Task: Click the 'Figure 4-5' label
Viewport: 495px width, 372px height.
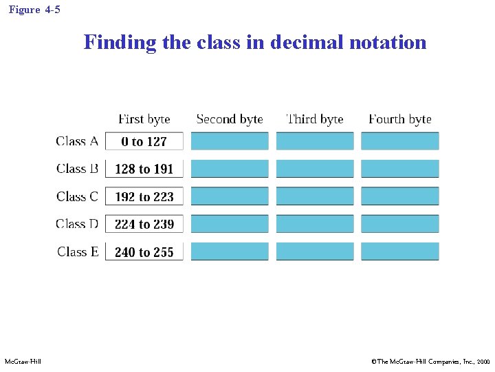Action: pyautogui.click(x=34, y=10)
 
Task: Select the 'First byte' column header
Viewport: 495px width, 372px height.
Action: pyautogui.click(x=144, y=119)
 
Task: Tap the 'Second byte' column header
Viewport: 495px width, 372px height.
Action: pyautogui.click(x=230, y=119)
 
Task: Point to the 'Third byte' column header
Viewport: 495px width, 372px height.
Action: pyautogui.click(x=314, y=119)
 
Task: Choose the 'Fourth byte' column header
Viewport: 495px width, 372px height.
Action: pyautogui.click(x=399, y=119)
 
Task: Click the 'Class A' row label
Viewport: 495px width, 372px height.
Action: pyautogui.click(x=77, y=141)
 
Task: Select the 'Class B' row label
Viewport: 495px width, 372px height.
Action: pyautogui.click(x=77, y=169)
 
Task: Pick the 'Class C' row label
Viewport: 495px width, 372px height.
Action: pyautogui.click(x=77, y=196)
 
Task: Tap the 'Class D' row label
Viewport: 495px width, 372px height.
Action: pyautogui.click(x=77, y=224)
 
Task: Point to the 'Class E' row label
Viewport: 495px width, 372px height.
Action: pyautogui.click(x=78, y=251)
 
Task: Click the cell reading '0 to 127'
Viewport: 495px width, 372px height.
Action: pyautogui.click(x=144, y=141)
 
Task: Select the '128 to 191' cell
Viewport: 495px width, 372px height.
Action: pyautogui.click(x=144, y=169)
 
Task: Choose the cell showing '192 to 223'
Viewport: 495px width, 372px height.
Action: pyautogui.click(x=144, y=196)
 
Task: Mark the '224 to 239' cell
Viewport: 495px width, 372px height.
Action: pyautogui.click(x=144, y=224)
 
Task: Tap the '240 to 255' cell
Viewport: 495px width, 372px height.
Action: pyautogui.click(x=144, y=251)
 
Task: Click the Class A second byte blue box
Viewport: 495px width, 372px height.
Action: pyautogui.click(x=230, y=141)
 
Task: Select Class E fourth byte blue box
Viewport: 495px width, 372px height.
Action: pyautogui.click(x=399, y=251)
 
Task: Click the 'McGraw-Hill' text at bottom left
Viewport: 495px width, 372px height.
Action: pyautogui.click(x=23, y=361)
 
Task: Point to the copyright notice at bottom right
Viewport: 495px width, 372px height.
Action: pyautogui.click(x=430, y=361)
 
